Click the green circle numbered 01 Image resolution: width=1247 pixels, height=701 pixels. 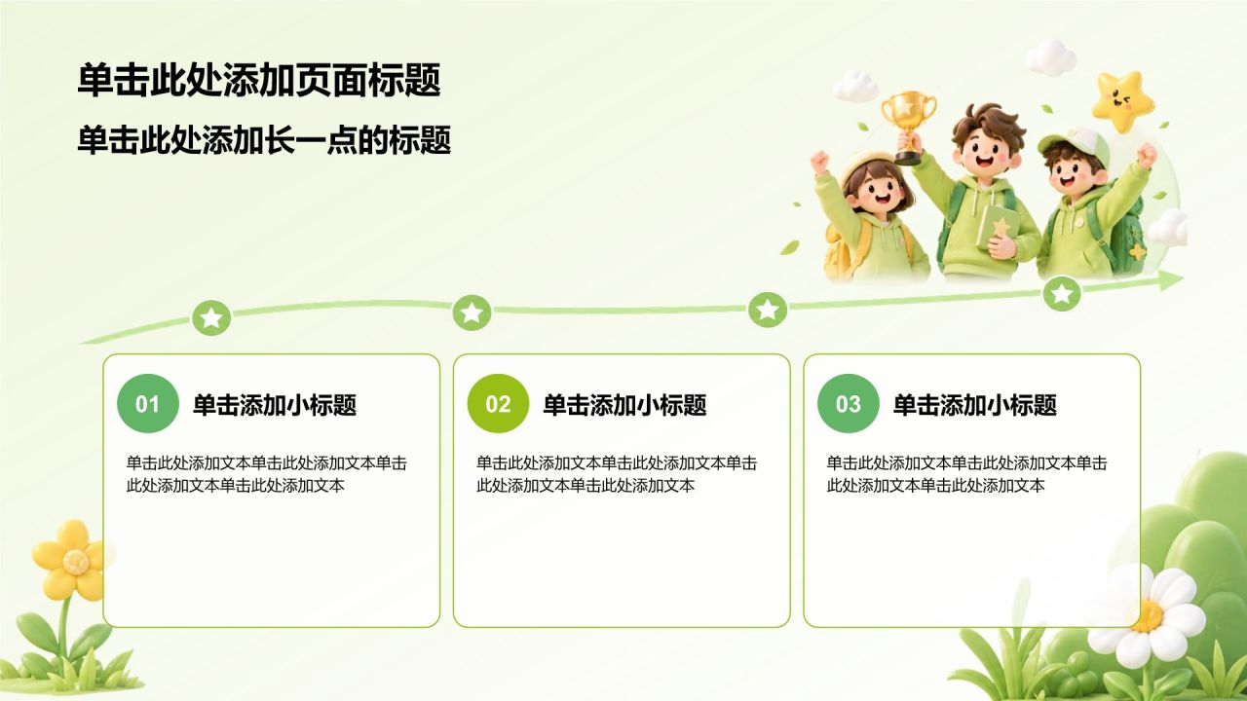(147, 403)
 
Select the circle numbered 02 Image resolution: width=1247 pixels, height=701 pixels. (498, 403)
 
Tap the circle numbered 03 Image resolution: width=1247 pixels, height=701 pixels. (848, 403)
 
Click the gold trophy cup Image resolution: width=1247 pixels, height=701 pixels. (908, 127)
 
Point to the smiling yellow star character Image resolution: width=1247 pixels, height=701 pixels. (1120, 101)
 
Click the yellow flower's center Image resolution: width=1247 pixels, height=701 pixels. (74, 562)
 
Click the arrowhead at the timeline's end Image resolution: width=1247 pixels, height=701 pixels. (1171, 279)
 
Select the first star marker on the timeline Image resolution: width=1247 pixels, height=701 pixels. (211, 317)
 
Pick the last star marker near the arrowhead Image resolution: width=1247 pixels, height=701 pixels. (1062, 293)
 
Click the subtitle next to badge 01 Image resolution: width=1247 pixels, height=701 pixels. (275, 405)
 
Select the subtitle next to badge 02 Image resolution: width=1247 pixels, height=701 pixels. (624, 405)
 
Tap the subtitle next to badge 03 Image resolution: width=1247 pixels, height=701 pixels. (975, 405)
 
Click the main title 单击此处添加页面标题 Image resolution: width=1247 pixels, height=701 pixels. (259, 80)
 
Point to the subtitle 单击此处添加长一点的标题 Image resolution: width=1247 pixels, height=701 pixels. (264, 139)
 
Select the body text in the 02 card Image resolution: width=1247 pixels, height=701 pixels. (617, 474)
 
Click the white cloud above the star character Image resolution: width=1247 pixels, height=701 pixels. (1050, 56)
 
